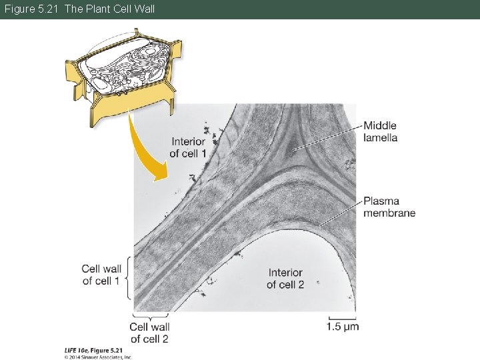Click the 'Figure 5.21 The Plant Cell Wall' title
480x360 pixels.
[x=78, y=9]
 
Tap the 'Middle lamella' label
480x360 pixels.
[x=380, y=131]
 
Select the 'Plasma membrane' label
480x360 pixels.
[x=389, y=207]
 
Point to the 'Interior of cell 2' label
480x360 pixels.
[x=285, y=279]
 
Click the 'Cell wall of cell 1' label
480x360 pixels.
[x=101, y=275]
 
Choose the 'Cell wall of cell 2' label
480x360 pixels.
[x=149, y=332]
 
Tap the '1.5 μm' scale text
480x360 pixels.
[x=343, y=326]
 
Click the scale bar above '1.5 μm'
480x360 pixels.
[x=342, y=316]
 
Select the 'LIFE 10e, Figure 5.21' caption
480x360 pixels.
[x=93, y=349]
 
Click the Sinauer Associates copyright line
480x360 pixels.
[x=99, y=357]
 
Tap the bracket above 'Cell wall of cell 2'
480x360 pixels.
[x=150, y=315]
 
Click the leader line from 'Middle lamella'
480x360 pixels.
[x=327, y=137]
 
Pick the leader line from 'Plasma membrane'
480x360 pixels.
[x=340, y=213]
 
